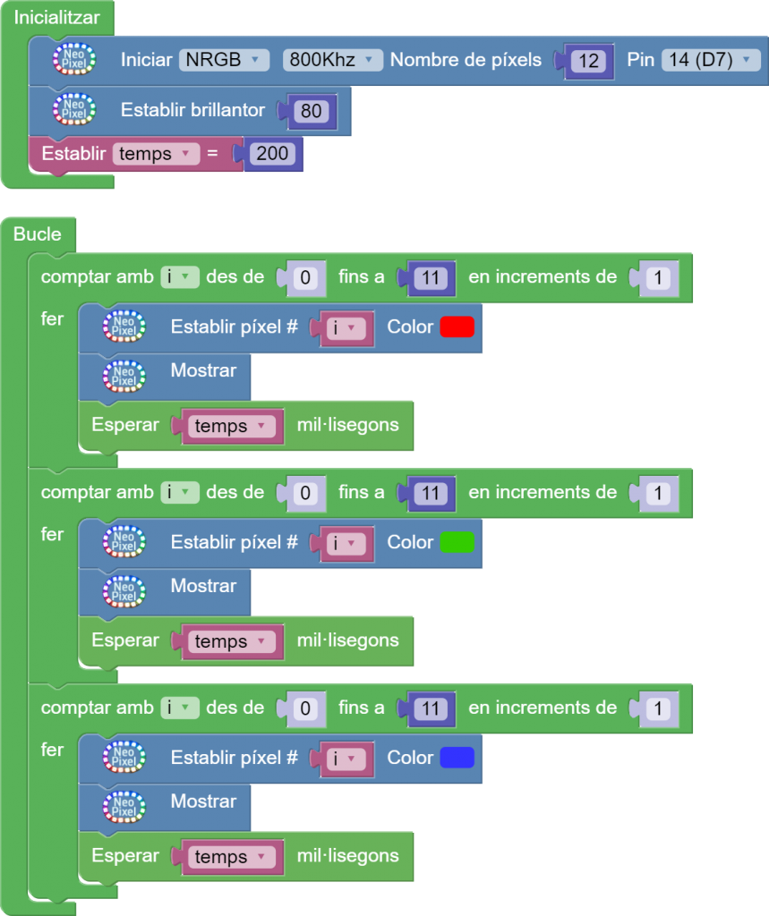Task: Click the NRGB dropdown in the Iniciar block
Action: tap(224, 60)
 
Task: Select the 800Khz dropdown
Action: tap(332, 60)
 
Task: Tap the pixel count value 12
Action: tap(588, 61)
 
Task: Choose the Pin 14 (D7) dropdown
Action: tap(711, 60)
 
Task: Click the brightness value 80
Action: tap(312, 111)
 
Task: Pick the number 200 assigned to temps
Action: tap(272, 154)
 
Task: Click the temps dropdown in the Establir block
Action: tap(156, 154)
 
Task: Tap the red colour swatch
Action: tap(457, 327)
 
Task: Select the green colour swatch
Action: tap(457, 543)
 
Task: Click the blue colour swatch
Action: tap(457, 759)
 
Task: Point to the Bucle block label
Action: tap(38, 234)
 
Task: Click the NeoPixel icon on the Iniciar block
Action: tap(73, 60)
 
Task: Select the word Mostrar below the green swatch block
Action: tap(203, 586)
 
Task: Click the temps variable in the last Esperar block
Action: tap(230, 857)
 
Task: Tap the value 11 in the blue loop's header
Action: tap(431, 708)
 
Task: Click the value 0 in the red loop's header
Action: tap(305, 278)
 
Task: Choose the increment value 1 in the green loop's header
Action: tap(658, 494)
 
